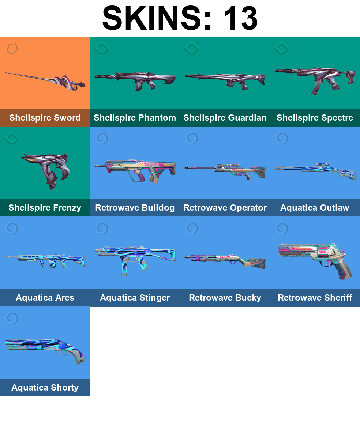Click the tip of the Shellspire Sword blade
pos(5,73)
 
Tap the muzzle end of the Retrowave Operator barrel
pos(185,167)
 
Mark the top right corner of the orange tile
pos(90,37)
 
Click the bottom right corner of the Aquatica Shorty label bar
pos(90,396)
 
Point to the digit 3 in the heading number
pos(247,18)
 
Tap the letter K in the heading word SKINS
pos(136,18)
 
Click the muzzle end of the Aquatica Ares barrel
pos(5,257)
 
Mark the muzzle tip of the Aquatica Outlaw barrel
pos(275,167)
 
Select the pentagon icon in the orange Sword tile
pos(12,48)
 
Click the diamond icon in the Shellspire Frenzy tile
pos(12,138)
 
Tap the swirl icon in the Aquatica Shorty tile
pos(12,319)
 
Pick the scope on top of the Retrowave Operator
pos(228,165)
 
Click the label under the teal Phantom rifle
pos(135,118)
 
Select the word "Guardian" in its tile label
pos(248,118)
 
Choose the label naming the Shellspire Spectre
pos(315,118)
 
